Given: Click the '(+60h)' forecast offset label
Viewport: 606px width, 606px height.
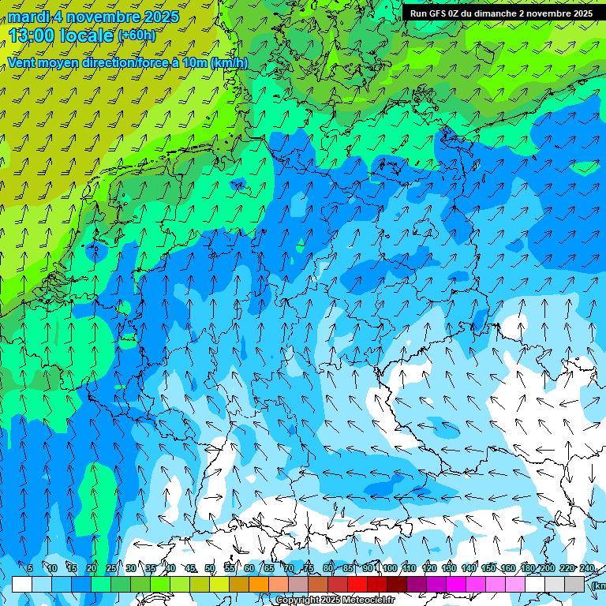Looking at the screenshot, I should click(136, 36).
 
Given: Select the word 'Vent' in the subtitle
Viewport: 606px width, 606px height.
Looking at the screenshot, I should click(24, 62).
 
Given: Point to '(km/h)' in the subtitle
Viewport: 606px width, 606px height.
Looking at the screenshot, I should click(229, 62).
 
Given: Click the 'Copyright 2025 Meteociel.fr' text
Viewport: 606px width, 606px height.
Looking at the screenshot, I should click(335, 600).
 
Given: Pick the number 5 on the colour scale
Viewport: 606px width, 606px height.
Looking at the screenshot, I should click(30, 569).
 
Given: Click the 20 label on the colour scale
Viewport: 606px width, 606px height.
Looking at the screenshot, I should click(92, 569).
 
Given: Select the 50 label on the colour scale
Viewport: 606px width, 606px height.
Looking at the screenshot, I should click(210, 569).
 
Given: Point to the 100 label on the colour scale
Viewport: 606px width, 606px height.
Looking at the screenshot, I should click(390, 569).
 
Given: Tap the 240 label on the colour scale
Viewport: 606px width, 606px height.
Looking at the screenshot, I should click(586, 569).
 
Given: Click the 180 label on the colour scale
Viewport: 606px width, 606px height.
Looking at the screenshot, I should click(528, 569).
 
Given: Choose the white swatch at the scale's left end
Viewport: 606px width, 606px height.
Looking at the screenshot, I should click(22, 584).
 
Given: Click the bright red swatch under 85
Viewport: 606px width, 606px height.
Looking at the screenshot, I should click(357, 584).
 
